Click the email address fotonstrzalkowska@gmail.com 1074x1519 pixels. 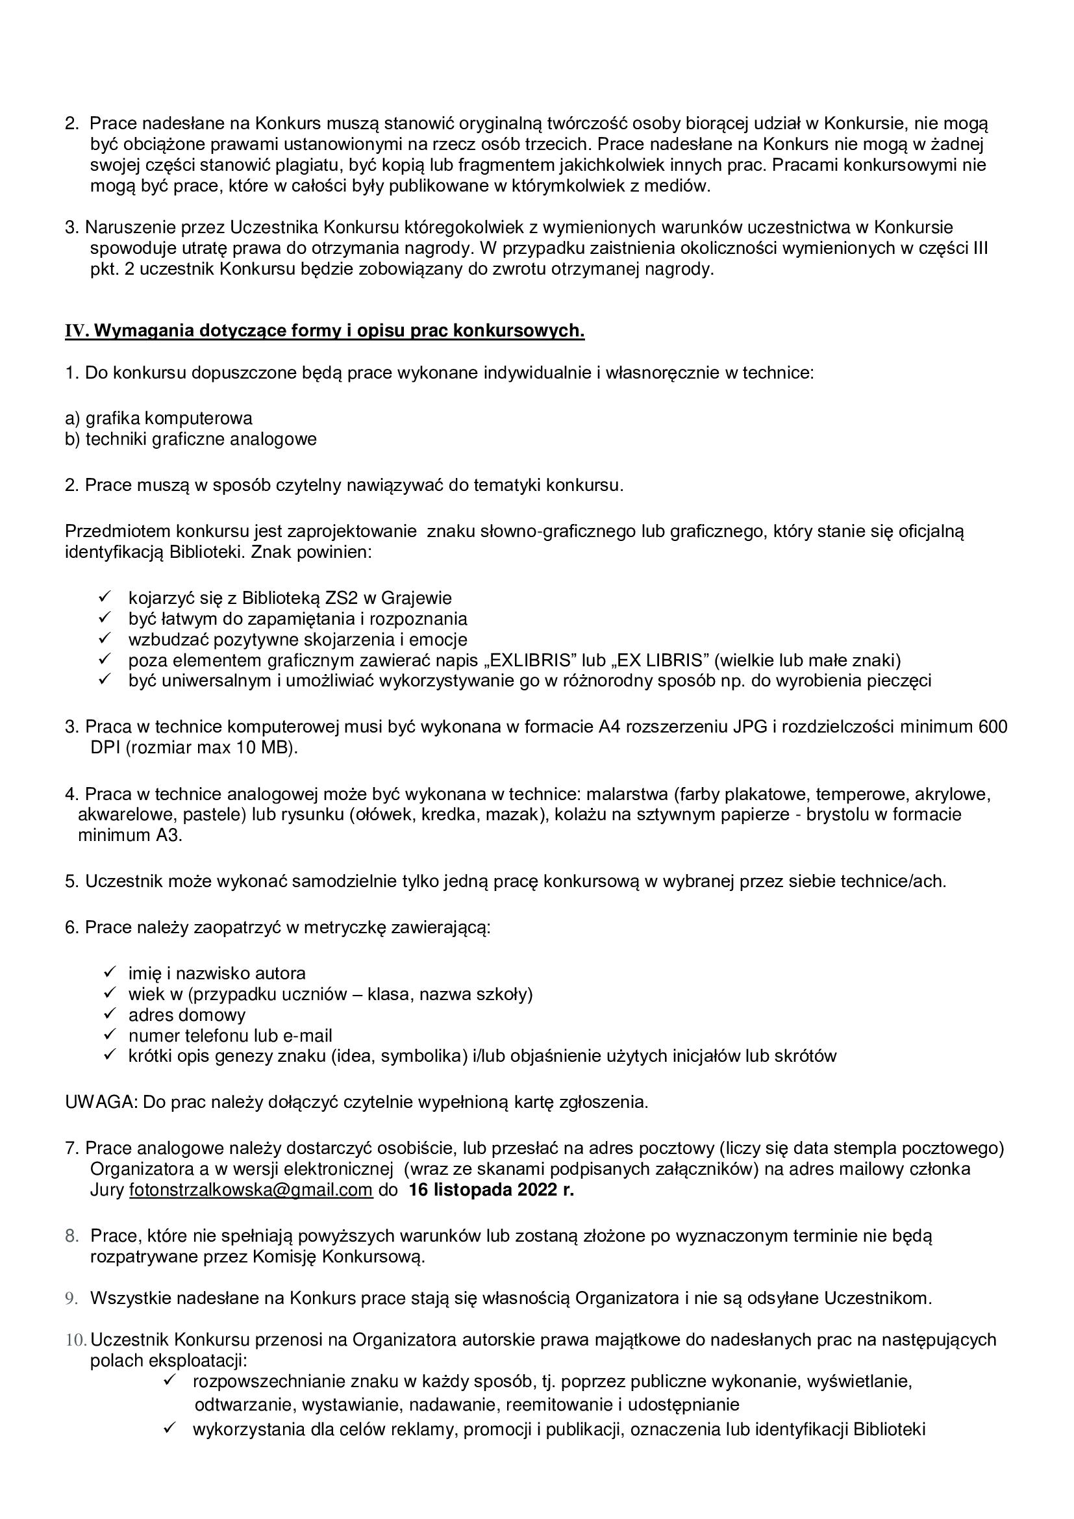pos(251,1190)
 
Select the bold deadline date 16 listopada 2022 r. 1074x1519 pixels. pos(492,1190)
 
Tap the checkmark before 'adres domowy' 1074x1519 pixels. pos(110,1015)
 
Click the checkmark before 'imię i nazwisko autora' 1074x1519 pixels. pos(110,973)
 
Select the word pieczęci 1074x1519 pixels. pos(899,681)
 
